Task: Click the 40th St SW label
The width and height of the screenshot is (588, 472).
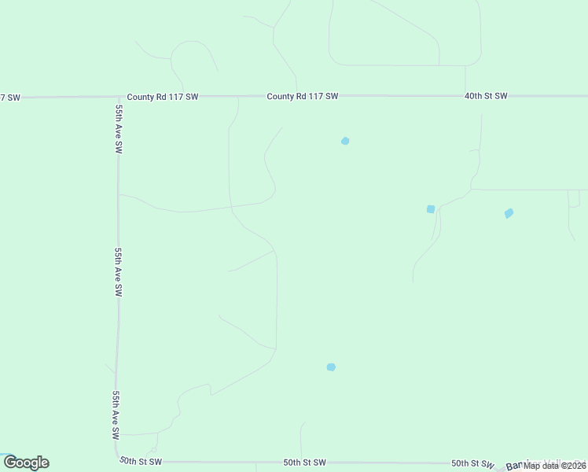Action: pyautogui.click(x=485, y=96)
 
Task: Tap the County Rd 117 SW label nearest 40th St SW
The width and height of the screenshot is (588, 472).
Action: pyautogui.click(x=302, y=96)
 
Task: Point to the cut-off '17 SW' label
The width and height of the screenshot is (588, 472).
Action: pyautogui.click(x=9, y=97)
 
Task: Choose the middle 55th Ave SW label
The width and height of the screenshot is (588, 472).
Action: pyautogui.click(x=118, y=271)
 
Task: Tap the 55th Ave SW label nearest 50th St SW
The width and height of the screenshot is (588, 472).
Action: pyautogui.click(x=116, y=415)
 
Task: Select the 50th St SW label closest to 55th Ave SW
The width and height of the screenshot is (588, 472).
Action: pyautogui.click(x=140, y=461)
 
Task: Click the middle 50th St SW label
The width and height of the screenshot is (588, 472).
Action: pyautogui.click(x=304, y=463)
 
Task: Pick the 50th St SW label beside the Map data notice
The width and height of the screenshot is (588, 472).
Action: pyautogui.click(x=472, y=463)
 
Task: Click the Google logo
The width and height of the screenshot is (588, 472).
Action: pyautogui.click(x=26, y=463)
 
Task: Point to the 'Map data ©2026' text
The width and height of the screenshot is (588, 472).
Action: pyautogui.click(x=555, y=465)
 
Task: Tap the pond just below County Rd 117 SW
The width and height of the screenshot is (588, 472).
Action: pyautogui.click(x=345, y=141)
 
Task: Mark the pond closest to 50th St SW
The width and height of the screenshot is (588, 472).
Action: pyautogui.click(x=331, y=367)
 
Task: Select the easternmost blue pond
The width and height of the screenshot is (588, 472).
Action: pyautogui.click(x=509, y=213)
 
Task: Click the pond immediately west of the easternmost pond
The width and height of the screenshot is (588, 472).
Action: pyautogui.click(x=431, y=208)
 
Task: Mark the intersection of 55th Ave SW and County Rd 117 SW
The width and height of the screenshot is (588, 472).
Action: pyautogui.click(x=117, y=97)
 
